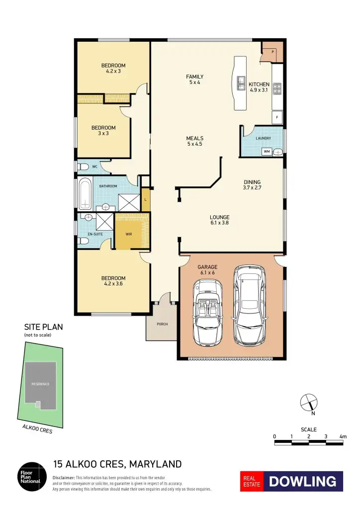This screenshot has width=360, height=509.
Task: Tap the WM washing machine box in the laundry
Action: [267, 152]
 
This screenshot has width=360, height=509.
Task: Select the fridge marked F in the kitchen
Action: [277, 117]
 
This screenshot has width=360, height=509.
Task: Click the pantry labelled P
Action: [272, 52]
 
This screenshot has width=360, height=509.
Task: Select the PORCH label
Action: [162, 324]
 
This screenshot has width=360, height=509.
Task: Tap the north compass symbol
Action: [309, 402]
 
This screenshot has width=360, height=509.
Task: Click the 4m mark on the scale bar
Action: [342, 436]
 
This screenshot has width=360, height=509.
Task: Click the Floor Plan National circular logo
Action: [30, 477]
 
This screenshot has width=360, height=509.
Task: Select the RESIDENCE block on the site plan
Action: [41, 384]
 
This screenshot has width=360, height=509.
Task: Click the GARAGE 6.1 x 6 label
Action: [207, 269]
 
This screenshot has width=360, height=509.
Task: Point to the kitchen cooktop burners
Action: [277, 88]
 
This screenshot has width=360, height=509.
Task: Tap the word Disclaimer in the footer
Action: [63, 478]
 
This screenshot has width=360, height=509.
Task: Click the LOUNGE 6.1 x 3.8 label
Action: [219, 220]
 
